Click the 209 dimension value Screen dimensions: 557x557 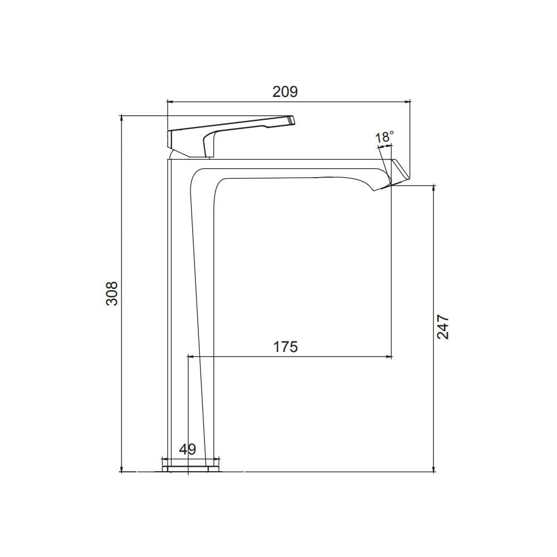[285, 92]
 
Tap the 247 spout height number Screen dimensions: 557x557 [443, 326]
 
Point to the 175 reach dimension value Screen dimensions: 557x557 [285, 346]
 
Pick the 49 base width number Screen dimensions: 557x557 [188, 449]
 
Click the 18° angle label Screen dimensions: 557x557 [385, 137]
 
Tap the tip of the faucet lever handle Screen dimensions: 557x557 [293, 120]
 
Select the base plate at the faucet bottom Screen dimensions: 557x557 [190, 469]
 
